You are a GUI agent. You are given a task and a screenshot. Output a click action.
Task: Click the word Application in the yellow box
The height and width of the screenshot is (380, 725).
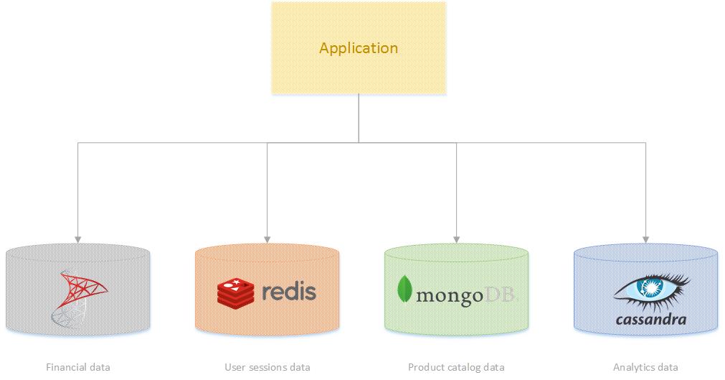pyautogui.click(x=359, y=48)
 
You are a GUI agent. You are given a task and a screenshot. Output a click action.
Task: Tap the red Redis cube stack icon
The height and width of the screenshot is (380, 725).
pyautogui.click(x=236, y=293)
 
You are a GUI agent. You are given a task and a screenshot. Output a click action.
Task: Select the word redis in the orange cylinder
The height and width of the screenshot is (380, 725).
pyautogui.click(x=289, y=290)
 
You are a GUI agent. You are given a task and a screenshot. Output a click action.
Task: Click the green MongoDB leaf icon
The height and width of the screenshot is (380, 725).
pyautogui.click(x=404, y=289)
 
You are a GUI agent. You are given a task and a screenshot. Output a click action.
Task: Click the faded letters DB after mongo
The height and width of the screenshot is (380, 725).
pyautogui.click(x=499, y=295)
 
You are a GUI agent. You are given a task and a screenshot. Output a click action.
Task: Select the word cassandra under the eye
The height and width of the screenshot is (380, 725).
pyautogui.click(x=651, y=320)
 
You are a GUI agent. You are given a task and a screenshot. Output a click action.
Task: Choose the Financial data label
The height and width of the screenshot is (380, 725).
pyautogui.click(x=78, y=368)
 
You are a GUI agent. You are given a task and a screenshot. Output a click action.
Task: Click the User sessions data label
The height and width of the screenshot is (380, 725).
pyautogui.click(x=267, y=368)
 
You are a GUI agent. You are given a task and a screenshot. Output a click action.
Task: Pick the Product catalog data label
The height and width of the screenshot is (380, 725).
pyautogui.click(x=456, y=368)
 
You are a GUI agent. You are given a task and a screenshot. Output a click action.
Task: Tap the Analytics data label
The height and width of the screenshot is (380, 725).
pyautogui.click(x=645, y=368)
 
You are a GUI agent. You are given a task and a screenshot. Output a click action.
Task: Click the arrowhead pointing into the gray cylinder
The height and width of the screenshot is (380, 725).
pyautogui.click(x=77, y=240)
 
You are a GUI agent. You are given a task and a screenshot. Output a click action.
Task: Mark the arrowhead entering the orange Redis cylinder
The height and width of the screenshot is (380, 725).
pyautogui.click(x=267, y=240)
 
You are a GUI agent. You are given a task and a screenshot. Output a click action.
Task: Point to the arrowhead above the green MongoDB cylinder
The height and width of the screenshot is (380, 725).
pyautogui.click(x=456, y=240)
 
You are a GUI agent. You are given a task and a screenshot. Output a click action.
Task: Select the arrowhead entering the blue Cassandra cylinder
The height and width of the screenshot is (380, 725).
pyautogui.click(x=646, y=240)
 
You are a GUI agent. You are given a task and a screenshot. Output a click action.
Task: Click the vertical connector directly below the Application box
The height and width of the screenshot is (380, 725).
pyautogui.click(x=359, y=119)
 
